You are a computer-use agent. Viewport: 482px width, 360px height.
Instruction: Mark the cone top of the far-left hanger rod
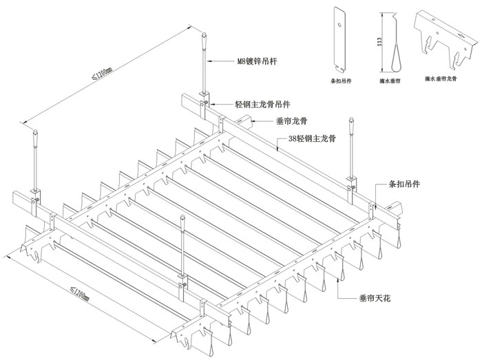click(x=34, y=130)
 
